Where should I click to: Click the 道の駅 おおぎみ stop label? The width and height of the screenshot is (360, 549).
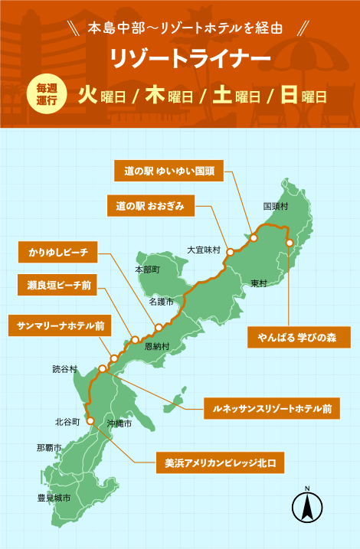[151, 205]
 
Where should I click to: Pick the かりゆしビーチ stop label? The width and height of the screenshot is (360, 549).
[58, 251]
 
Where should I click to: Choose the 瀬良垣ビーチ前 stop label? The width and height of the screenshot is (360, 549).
[58, 287]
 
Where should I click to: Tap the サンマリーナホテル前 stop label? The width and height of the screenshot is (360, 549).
[61, 325]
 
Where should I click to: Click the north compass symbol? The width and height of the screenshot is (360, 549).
[306, 506]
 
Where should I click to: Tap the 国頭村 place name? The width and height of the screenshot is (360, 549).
[275, 206]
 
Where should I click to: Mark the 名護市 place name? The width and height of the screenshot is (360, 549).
[161, 302]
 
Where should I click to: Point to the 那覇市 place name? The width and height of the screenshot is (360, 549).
[49, 447]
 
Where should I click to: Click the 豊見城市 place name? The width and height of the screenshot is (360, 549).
[54, 498]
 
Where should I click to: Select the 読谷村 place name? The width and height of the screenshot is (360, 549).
[65, 368]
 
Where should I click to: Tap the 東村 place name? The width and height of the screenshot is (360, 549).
[258, 283]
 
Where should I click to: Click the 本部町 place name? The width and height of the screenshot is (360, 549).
[147, 270]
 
